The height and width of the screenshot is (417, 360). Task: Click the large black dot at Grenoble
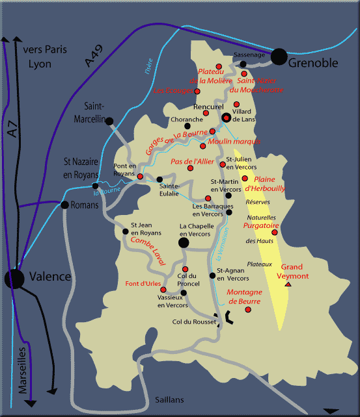click(279, 57)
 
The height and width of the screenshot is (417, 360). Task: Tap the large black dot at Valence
click(14, 279)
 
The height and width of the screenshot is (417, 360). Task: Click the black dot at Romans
click(64, 205)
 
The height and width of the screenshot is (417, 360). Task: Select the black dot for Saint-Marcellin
click(109, 121)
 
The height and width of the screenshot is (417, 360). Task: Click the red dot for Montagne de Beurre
click(247, 309)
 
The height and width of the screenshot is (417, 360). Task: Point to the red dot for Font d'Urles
click(154, 290)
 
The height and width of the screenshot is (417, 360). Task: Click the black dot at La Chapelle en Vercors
click(184, 242)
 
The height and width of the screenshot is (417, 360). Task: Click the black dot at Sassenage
click(243, 64)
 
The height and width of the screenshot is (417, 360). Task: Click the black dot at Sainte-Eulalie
click(159, 179)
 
